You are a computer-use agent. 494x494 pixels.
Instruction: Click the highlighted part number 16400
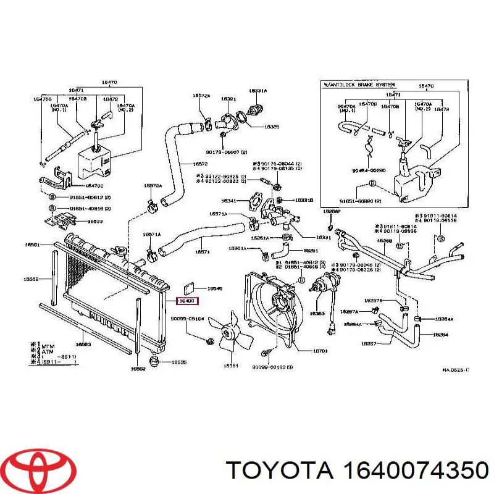coord(187,301)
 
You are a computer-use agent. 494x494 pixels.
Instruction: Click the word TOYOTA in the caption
coord(281,471)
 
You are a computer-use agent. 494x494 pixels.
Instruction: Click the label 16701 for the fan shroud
coord(320,351)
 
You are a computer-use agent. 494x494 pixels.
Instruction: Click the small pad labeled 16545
coord(214,288)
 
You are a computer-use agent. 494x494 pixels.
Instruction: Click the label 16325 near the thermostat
coord(271,127)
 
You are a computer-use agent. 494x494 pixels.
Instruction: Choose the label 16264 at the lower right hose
coord(440,335)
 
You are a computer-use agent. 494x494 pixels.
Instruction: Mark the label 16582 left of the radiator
coord(31,279)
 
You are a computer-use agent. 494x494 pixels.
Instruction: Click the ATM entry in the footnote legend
coord(49,351)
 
